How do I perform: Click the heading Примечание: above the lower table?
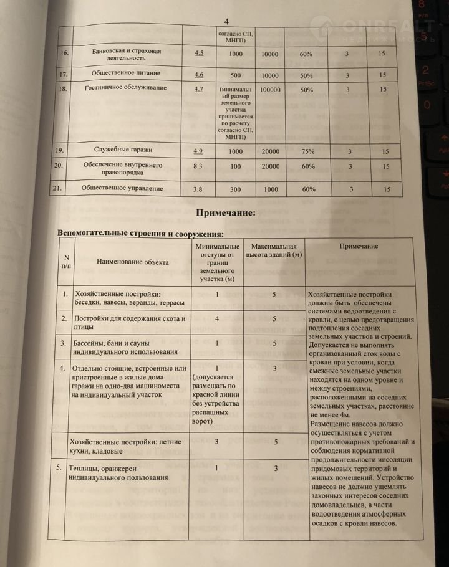point(226,213)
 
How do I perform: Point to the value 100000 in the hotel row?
point(270,90)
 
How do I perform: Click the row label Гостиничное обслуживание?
point(126,88)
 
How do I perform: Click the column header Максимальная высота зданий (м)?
point(275,250)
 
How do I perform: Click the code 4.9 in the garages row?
point(199,150)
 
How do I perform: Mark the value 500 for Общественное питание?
point(236,75)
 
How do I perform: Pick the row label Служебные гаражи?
point(128,150)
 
